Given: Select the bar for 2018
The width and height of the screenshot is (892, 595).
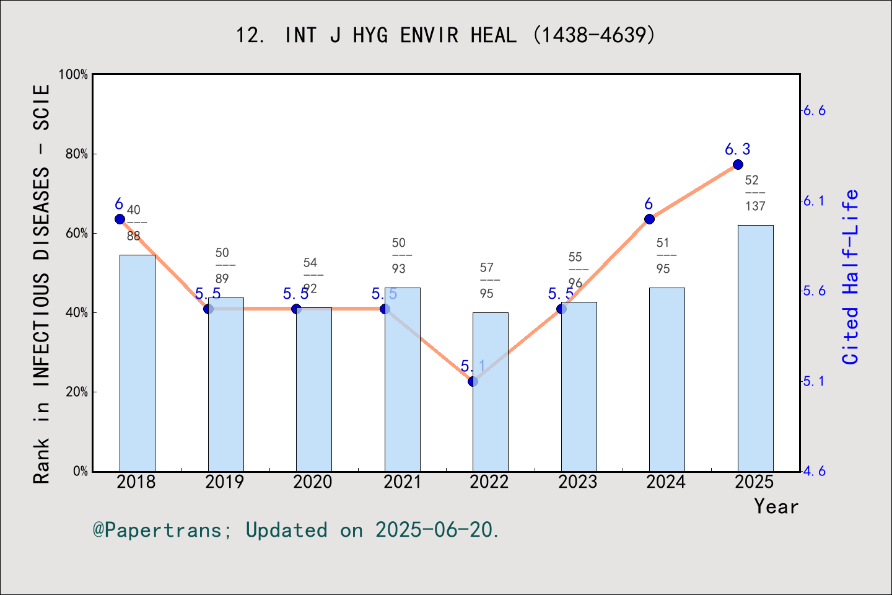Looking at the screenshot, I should (137, 363).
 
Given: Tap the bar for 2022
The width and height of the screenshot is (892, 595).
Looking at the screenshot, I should (490, 392).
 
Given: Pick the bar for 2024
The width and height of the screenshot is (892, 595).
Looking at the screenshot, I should (667, 379).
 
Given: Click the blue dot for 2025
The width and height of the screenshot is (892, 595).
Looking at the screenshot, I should (738, 164).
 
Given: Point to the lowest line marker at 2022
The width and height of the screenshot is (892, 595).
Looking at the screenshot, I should (473, 381).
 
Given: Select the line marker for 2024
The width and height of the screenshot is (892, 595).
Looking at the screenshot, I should (649, 219).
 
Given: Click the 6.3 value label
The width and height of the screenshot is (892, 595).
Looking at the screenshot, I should (737, 149).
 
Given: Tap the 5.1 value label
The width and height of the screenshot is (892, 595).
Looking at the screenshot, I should (473, 366).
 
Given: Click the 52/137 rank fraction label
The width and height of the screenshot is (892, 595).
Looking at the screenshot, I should (754, 193).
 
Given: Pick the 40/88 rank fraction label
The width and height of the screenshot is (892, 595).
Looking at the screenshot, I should (134, 223).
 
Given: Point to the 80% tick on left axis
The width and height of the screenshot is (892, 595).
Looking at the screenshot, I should (77, 154).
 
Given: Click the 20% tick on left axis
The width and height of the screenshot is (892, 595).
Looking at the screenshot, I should (77, 392).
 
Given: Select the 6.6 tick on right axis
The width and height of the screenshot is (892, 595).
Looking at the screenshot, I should (814, 110).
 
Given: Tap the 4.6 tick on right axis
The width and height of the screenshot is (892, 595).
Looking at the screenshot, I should (814, 471).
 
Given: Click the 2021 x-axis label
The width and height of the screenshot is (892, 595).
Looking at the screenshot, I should (401, 482).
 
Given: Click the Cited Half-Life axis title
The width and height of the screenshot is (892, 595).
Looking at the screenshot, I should (850, 276).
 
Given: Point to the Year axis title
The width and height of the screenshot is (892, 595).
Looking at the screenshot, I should (776, 506).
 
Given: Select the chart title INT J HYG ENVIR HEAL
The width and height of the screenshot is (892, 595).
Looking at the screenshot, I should (445, 35).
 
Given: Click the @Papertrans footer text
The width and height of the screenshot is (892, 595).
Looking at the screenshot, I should (295, 530).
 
